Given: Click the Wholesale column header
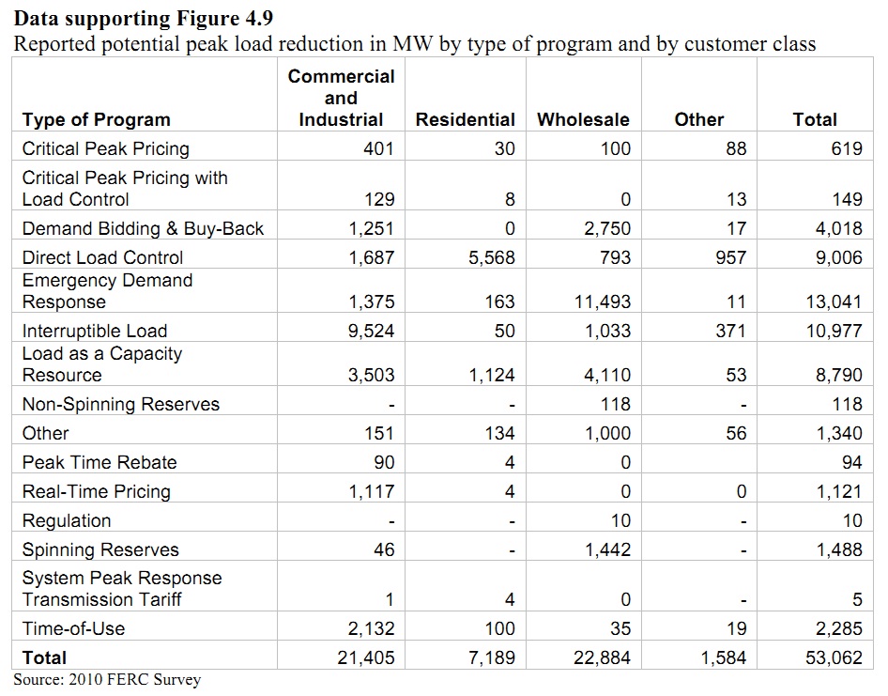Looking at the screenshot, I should tap(583, 119).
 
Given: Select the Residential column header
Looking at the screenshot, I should tap(465, 119).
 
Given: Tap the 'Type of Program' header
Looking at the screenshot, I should tap(96, 119).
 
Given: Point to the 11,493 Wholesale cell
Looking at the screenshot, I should tap(603, 302).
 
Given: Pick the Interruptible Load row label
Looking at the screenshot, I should tap(94, 331).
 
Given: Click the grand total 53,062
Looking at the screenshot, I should tap(834, 657).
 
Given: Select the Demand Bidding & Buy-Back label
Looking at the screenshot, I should tap(143, 228).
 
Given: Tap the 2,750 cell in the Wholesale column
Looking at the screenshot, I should tap(608, 228).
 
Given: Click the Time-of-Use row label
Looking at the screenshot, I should tap(73, 628).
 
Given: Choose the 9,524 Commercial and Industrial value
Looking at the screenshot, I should tap(371, 331).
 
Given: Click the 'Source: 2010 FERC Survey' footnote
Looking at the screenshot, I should tap(107, 679).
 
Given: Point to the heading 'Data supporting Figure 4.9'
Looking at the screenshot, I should tap(145, 18).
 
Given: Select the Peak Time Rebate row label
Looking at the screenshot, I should tap(99, 462).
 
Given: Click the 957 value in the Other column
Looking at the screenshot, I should tap(731, 257).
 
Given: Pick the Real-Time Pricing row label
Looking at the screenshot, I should tap(96, 491).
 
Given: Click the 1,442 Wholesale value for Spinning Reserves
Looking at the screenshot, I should tap(608, 549).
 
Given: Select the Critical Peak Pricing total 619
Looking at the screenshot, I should tap(846, 148).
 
